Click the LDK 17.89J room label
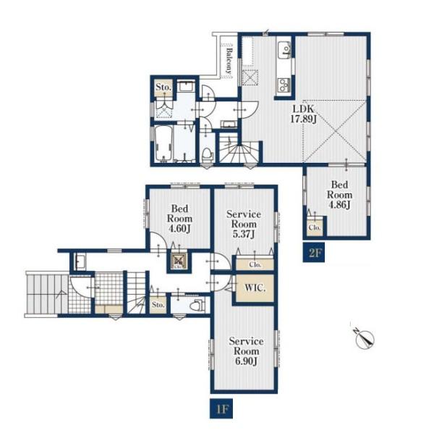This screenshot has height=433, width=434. pos(303,114)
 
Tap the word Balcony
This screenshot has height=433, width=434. pos(229,61)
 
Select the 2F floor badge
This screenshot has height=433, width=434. pos(314,253)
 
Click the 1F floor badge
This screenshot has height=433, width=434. pos(221,408)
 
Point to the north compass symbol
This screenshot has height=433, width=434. pos(365,338)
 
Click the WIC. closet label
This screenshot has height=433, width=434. pos(255,288)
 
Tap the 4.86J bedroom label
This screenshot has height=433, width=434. pos(340,195)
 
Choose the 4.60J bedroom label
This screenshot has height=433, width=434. pos(179,219)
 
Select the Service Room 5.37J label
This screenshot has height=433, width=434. pos(244,224)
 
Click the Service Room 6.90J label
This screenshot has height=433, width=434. pos(246,351)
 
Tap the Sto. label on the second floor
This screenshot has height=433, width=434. pos(163,88)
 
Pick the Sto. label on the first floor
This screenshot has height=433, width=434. pos(158,305)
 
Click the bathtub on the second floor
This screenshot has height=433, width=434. pos(164,144)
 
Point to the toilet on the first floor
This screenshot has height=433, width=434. pos(198,305)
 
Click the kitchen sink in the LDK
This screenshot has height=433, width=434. pos(284,50)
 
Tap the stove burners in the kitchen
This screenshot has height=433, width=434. pos(284,85)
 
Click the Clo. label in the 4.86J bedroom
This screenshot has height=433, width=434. pos(315,227)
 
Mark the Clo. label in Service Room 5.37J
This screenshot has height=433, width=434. pos(255,264)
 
